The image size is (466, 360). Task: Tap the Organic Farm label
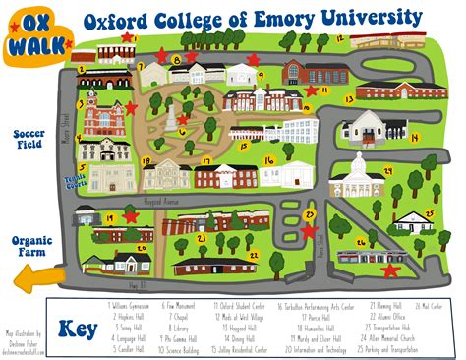tap(29, 246)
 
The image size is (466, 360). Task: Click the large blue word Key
tap(76, 329)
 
